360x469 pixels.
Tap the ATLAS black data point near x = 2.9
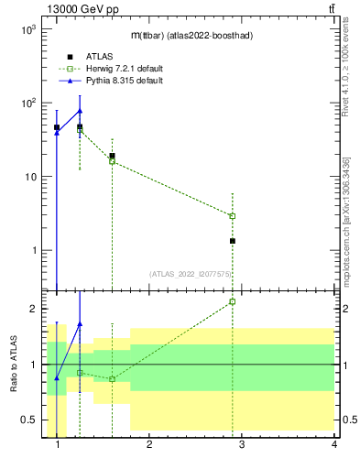pyautogui.click(x=233, y=241)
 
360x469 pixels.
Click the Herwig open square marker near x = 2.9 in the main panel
pyautogui.click(x=233, y=216)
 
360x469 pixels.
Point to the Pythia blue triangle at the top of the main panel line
pyautogui.click(x=80, y=111)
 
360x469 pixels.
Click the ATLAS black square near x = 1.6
pyautogui.click(x=112, y=156)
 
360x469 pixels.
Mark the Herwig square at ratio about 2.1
pyautogui.click(x=233, y=301)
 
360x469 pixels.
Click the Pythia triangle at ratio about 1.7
pyautogui.click(x=80, y=323)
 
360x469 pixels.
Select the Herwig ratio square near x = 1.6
pyautogui.click(x=112, y=379)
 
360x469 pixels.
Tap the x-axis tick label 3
pyautogui.click(x=242, y=446)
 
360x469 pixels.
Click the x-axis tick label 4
pyautogui.click(x=334, y=446)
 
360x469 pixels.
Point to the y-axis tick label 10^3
pyautogui.click(x=27, y=29)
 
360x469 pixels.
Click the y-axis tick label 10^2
pyautogui.click(x=27, y=103)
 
